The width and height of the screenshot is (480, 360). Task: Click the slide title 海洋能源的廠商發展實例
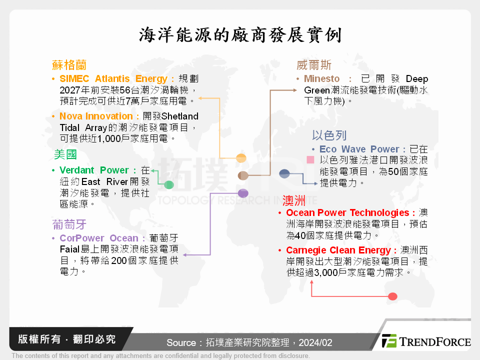click(240, 35)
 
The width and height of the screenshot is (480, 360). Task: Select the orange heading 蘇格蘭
click(69, 65)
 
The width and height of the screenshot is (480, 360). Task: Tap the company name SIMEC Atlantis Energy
click(113, 79)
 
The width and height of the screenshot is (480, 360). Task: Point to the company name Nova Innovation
click(96, 116)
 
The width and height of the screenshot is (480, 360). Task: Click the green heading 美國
click(65, 154)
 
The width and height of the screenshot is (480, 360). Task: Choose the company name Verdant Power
click(94, 170)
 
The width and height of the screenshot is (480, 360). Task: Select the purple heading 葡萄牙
click(69, 223)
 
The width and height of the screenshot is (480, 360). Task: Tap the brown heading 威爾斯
click(314, 65)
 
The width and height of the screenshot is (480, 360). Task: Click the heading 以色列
click(329, 135)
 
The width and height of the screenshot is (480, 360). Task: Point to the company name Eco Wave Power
click(359, 149)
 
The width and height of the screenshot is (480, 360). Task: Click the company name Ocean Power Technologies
click(347, 213)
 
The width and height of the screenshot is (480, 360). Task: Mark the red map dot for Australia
click(392, 296)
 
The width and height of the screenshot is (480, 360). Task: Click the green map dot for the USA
click(169, 185)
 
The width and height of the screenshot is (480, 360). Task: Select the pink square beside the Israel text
click(310, 160)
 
